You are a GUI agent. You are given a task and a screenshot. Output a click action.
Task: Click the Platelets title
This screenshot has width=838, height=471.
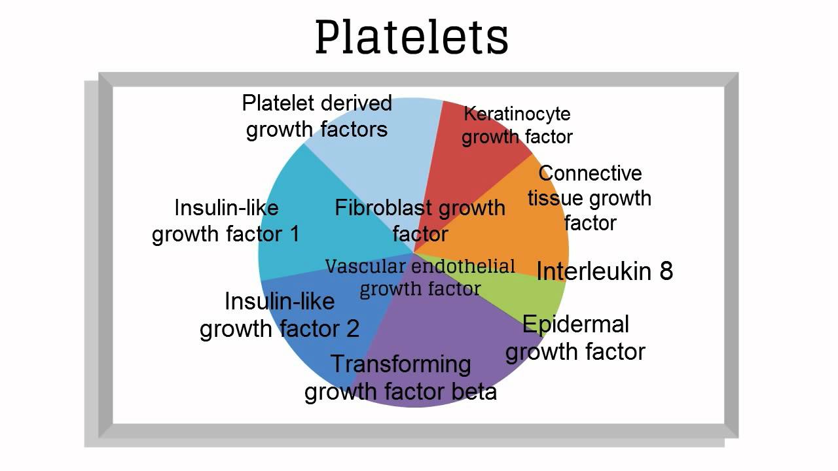pyautogui.click(x=412, y=37)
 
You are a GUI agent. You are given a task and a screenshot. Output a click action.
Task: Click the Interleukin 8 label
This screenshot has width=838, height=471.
pyautogui.click(x=604, y=271)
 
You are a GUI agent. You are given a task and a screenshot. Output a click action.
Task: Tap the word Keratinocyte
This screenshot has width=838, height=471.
pyautogui.click(x=517, y=114)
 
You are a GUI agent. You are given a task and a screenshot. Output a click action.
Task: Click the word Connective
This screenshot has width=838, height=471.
pyautogui.click(x=590, y=173)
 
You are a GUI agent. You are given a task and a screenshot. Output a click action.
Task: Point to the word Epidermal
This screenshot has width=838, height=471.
pyautogui.click(x=575, y=324)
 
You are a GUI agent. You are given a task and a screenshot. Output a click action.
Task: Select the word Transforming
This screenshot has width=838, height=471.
pyautogui.click(x=401, y=364)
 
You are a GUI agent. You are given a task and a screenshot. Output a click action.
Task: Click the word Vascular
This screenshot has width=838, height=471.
pyautogui.click(x=365, y=266)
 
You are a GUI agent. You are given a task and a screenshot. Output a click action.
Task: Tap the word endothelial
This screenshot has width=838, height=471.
pyautogui.click(x=463, y=266)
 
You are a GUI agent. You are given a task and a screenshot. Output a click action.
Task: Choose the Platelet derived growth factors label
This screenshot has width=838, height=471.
pyautogui.click(x=317, y=116)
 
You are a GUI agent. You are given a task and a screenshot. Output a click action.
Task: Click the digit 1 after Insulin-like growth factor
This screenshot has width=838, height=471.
pyautogui.click(x=295, y=234)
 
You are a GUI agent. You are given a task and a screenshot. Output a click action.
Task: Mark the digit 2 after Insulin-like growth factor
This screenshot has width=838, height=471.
pyautogui.click(x=352, y=329)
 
